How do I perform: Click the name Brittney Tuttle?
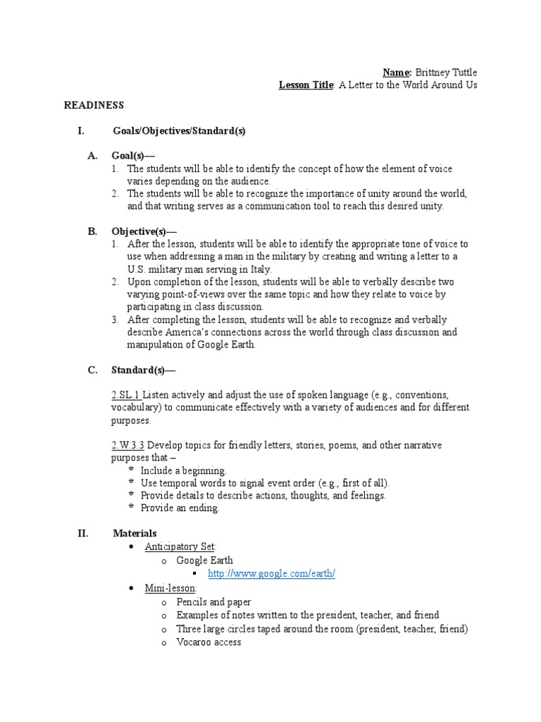[x=447, y=72]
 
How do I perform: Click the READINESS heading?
[x=94, y=105]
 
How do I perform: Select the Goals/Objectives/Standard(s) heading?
[x=179, y=131]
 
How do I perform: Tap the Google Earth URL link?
[x=271, y=574]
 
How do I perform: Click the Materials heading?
[x=135, y=533]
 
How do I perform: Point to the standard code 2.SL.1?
[x=126, y=394]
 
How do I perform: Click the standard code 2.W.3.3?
[x=128, y=445]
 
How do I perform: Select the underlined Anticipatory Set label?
[x=180, y=546]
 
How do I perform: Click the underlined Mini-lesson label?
[x=171, y=587]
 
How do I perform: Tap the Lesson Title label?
[x=306, y=85]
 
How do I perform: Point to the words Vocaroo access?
[x=209, y=642]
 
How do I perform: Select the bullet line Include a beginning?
[x=184, y=470]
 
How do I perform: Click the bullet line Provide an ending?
[x=180, y=508]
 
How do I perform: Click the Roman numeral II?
[x=82, y=533]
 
